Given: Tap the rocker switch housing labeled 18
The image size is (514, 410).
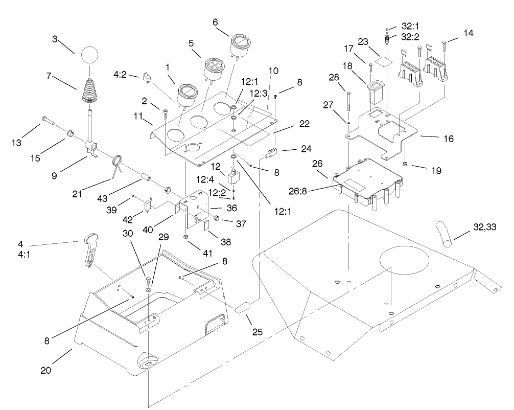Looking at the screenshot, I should point(375,90).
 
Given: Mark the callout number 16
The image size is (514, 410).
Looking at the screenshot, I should point(446,139).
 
